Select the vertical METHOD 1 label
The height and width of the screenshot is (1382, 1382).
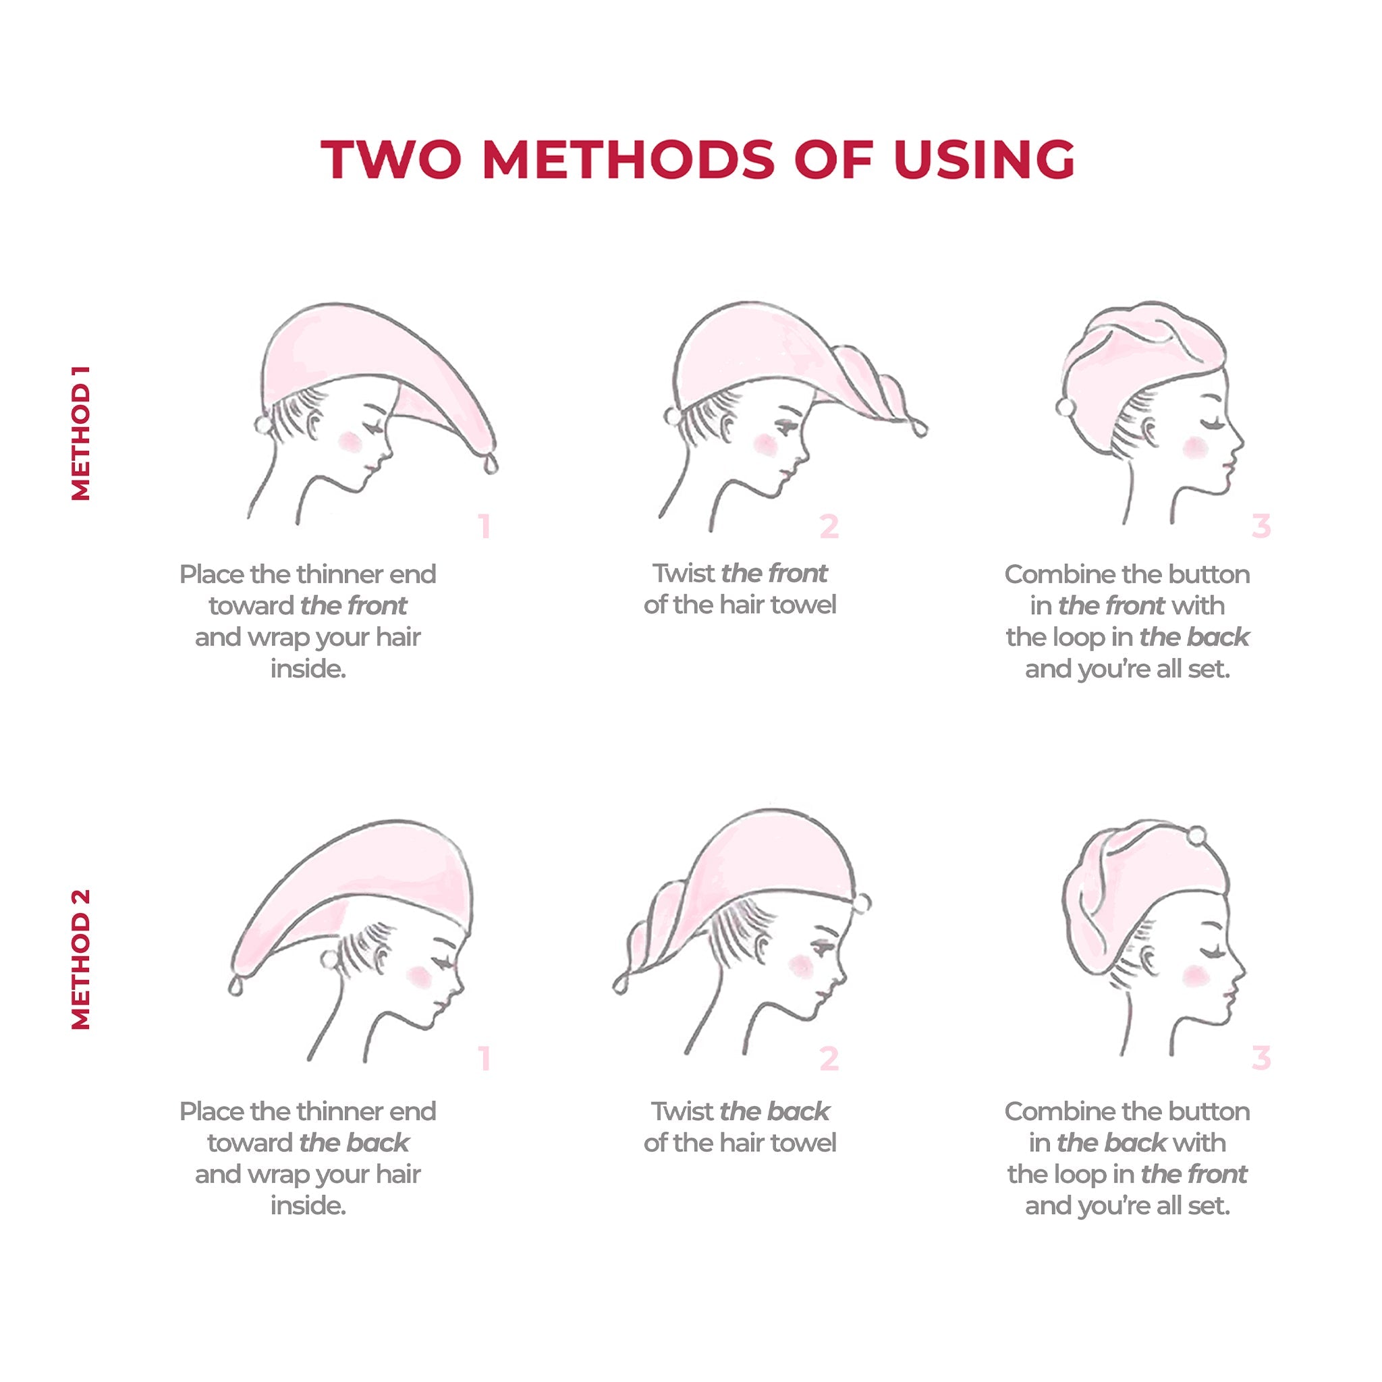click(81, 433)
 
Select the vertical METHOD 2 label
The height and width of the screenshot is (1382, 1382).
click(81, 958)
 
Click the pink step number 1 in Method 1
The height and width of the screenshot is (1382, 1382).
click(485, 526)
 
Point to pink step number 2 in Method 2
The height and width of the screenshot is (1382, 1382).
click(829, 1058)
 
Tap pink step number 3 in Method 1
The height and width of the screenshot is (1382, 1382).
click(1261, 526)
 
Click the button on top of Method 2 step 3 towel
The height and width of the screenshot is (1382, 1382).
click(1196, 835)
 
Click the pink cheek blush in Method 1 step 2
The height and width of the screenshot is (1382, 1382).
click(765, 444)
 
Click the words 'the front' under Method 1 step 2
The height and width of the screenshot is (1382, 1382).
click(774, 574)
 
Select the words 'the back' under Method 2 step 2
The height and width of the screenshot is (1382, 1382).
click(775, 1111)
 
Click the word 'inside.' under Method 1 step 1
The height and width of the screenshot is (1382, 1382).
click(308, 669)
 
